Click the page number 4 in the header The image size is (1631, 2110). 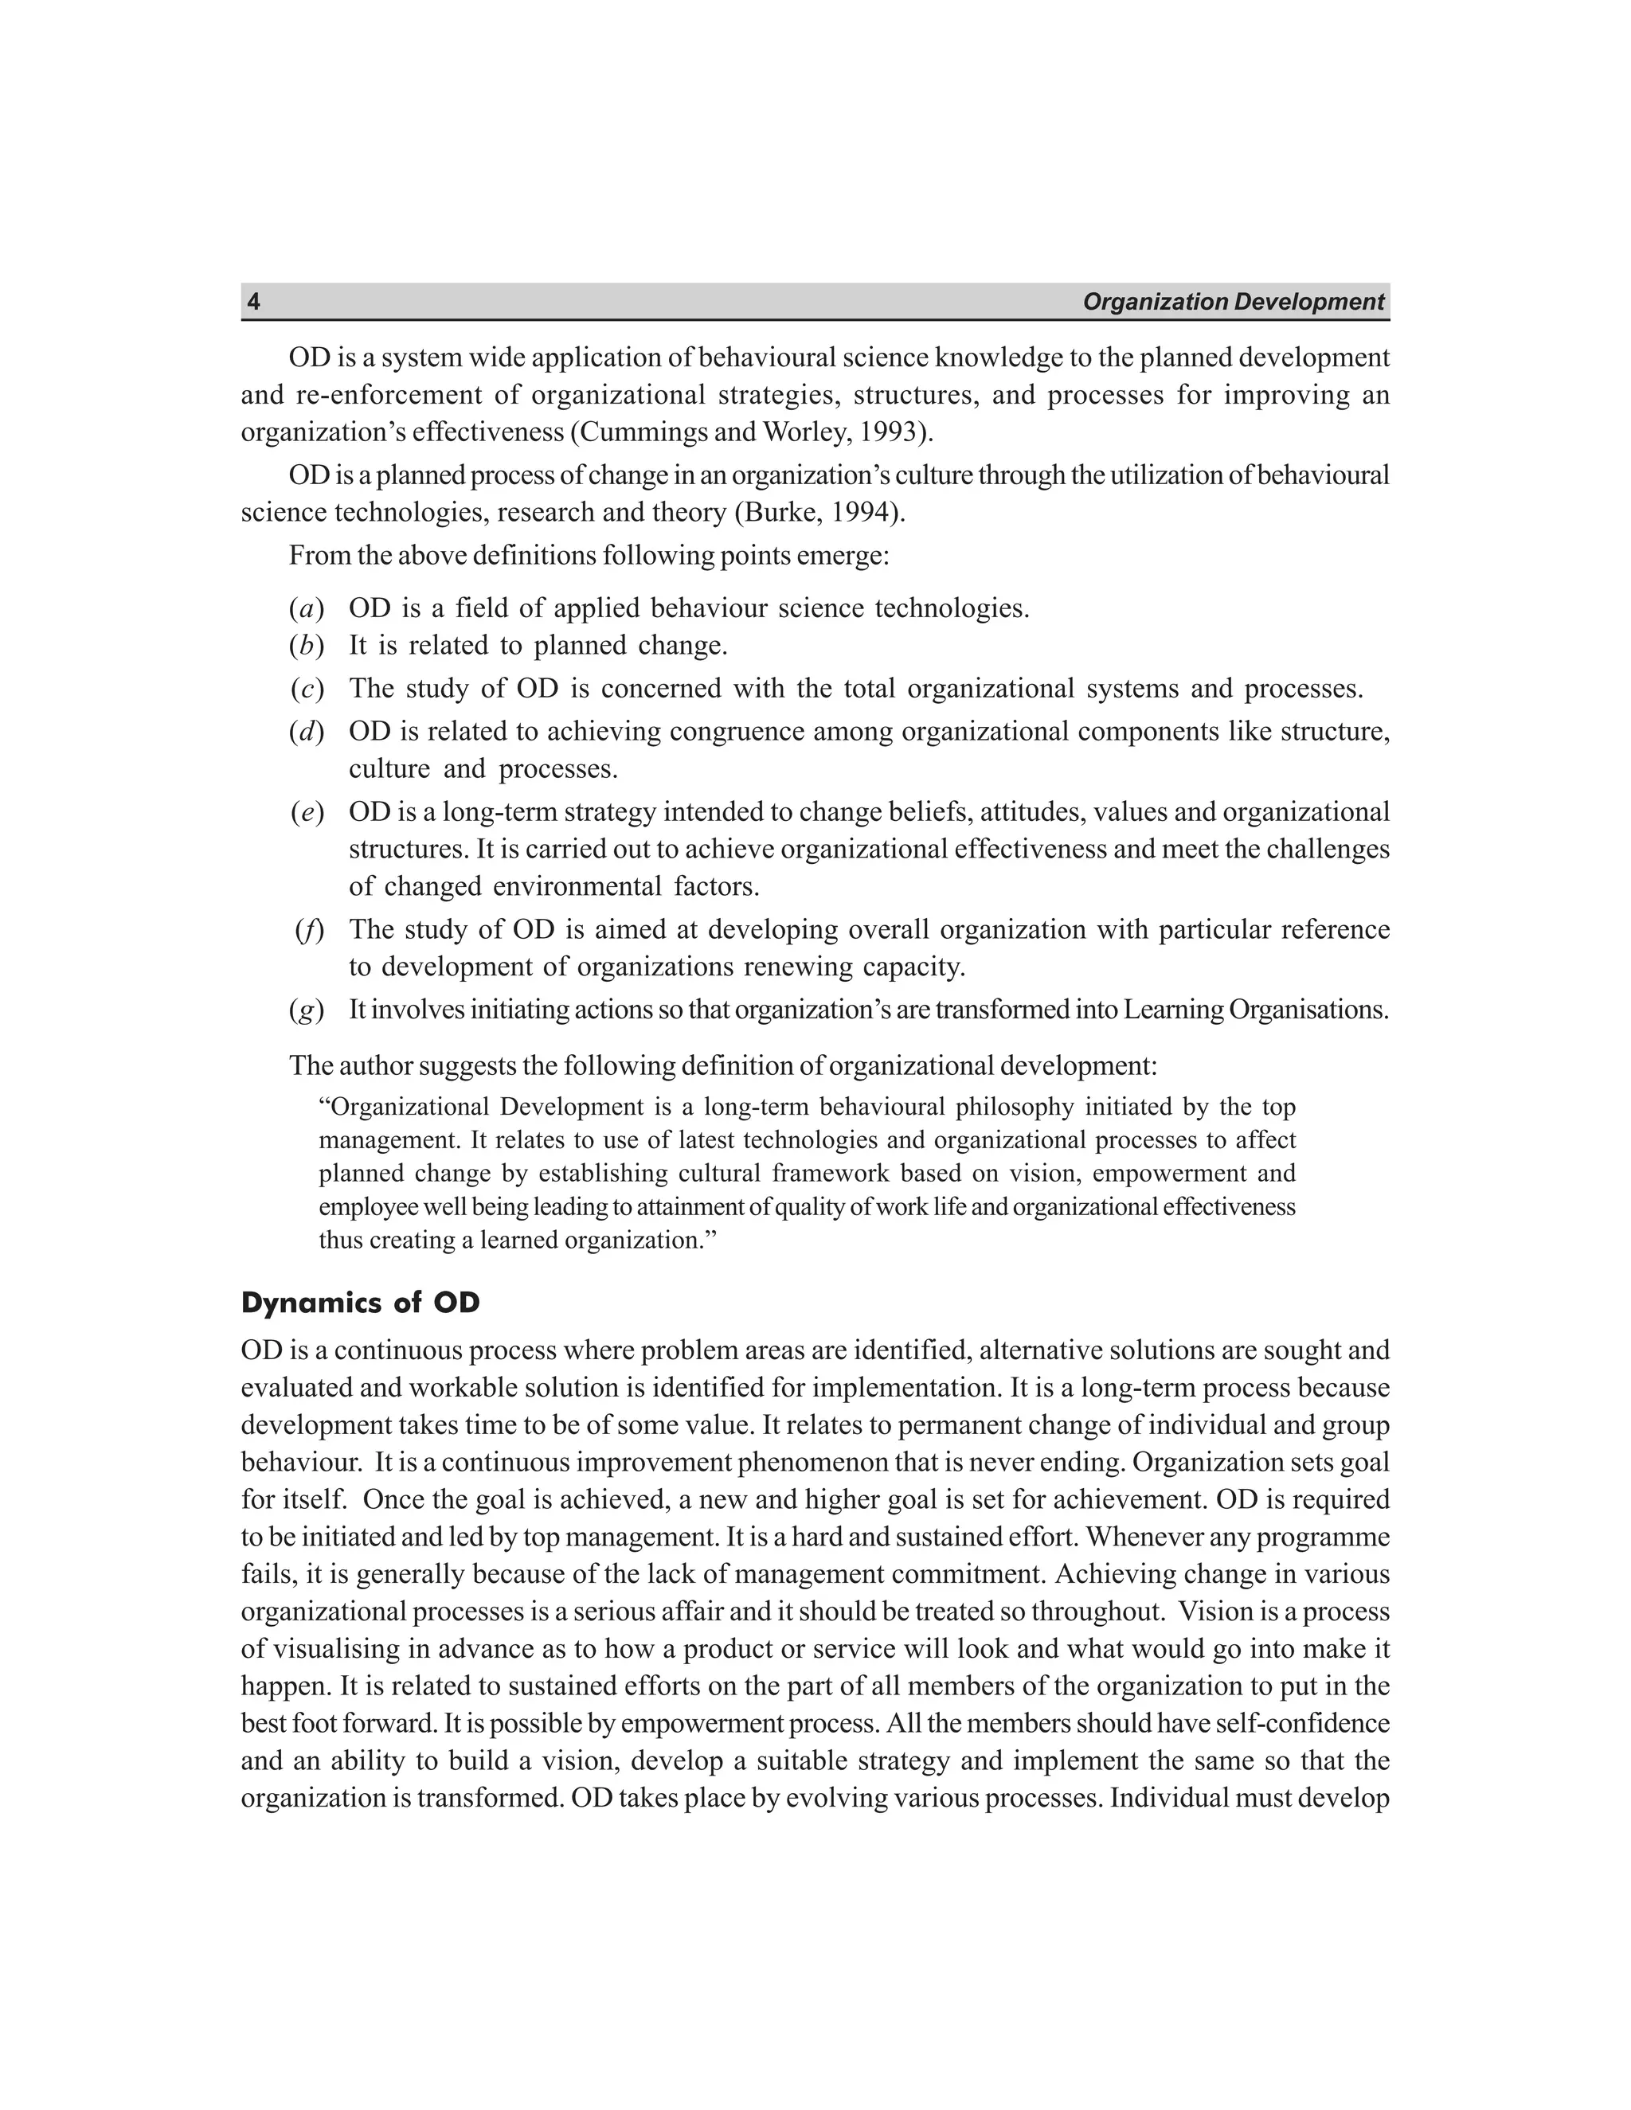click(253, 303)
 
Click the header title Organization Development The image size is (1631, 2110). click(1233, 303)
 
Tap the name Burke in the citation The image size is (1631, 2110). click(780, 512)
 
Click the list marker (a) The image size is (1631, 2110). click(305, 608)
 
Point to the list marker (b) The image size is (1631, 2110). click(305, 646)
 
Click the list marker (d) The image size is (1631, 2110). click(305, 732)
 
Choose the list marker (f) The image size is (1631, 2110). click(308, 929)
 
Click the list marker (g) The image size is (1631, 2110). click(305, 1010)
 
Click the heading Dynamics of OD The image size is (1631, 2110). click(361, 1303)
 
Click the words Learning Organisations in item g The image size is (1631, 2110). click(1254, 1010)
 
